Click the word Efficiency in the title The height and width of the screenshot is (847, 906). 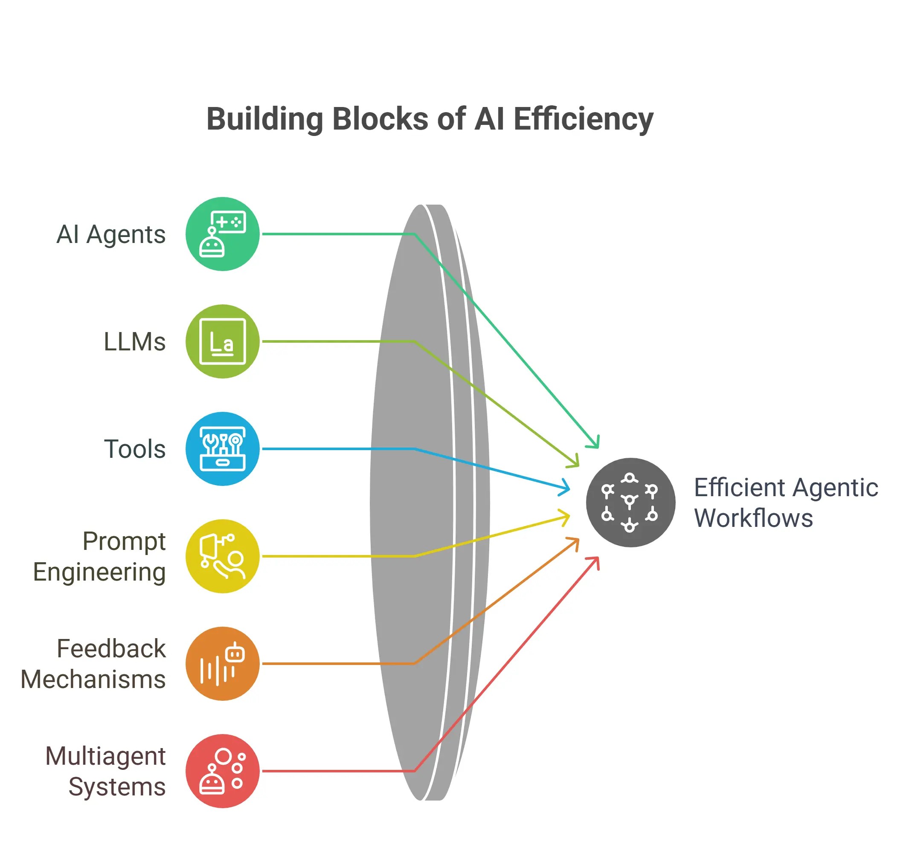(x=584, y=120)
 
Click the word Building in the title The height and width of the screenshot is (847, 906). (x=265, y=119)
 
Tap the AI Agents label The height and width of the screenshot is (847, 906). (x=111, y=234)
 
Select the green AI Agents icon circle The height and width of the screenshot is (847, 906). (x=222, y=234)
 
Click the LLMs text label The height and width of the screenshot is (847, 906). (x=135, y=341)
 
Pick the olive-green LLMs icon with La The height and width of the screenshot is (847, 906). (x=222, y=341)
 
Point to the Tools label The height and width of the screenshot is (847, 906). (x=135, y=449)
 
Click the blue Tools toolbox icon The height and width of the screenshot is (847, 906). (x=222, y=449)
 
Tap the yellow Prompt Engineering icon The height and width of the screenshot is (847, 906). (x=222, y=556)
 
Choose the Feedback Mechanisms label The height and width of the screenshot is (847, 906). (x=93, y=664)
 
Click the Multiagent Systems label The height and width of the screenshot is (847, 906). (x=105, y=772)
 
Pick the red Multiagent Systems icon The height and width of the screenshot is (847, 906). (x=222, y=772)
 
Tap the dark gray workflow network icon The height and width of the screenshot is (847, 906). (x=631, y=503)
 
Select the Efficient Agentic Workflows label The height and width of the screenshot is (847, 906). (x=786, y=503)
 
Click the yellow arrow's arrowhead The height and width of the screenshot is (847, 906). (x=565, y=518)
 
